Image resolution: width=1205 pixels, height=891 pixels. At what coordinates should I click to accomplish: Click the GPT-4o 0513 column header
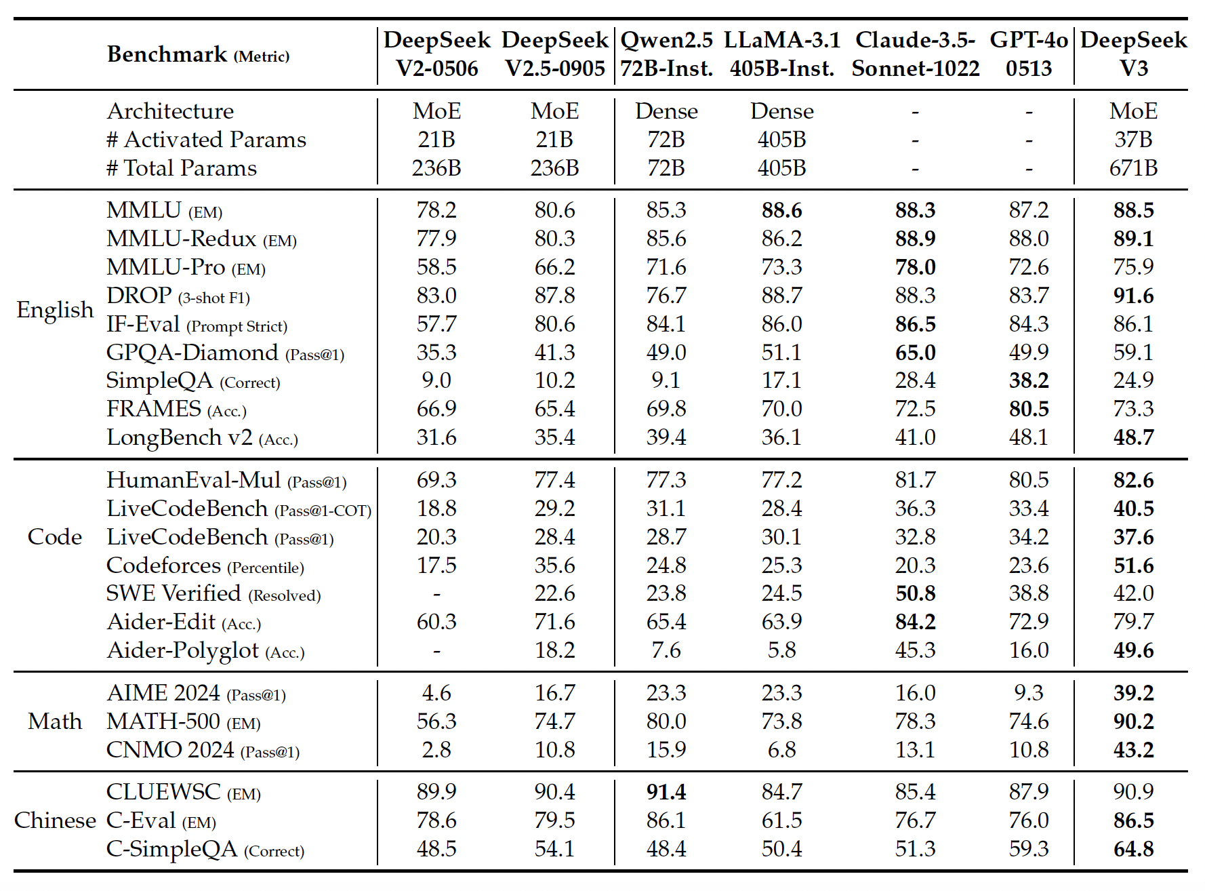pos(1028,54)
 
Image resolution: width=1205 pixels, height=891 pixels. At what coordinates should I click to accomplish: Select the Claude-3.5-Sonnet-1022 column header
pos(915,54)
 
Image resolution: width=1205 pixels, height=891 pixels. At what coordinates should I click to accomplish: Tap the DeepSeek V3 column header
pos(1133,54)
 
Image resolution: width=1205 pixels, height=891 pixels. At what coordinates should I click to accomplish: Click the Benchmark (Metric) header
pos(198,54)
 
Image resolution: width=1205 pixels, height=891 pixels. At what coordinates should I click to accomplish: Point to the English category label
pos(55,310)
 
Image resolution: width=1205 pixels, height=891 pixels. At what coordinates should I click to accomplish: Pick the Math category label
pos(55,721)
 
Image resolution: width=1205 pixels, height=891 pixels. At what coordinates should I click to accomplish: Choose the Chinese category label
pos(55,820)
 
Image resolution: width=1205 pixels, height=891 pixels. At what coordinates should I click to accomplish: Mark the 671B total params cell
pos(1133,168)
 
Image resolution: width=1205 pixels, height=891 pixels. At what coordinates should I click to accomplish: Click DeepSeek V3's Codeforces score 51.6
pos(1133,566)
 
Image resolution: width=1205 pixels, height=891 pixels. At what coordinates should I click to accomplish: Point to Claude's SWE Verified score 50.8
pos(915,593)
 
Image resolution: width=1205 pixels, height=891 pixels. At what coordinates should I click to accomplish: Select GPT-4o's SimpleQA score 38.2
pos(1028,380)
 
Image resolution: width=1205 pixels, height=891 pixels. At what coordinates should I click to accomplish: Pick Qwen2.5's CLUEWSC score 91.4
pos(666,792)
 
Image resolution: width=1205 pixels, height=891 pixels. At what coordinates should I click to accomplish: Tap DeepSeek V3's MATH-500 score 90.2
pos(1133,721)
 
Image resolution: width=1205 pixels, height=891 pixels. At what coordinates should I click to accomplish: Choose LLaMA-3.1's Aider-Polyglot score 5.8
pos(781,650)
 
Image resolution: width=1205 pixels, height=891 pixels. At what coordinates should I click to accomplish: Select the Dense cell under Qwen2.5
pos(666,111)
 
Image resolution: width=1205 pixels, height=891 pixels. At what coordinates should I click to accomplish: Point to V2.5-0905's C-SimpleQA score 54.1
pos(554,849)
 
